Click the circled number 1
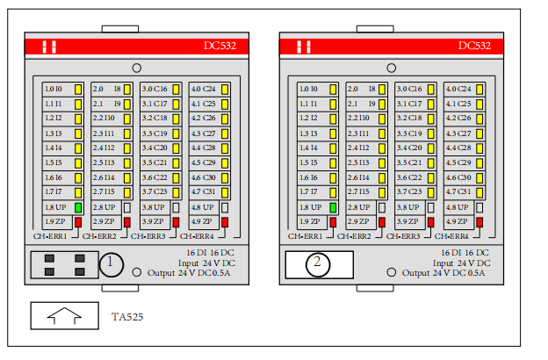(x=111, y=263)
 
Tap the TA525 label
(x=127, y=316)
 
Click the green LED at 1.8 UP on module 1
(x=77, y=207)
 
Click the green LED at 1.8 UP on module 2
(x=333, y=207)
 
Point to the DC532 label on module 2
(x=474, y=46)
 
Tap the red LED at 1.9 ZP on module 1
(x=77, y=222)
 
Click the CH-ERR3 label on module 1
(x=149, y=236)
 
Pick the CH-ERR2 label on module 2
(x=356, y=236)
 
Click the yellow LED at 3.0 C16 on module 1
(x=176, y=89)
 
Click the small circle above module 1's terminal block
(x=136, y=68)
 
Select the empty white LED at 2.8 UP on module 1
(x=126, y=207)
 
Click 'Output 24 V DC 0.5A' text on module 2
(x=447, y=273)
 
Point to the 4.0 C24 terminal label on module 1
(x=204, y=89)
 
